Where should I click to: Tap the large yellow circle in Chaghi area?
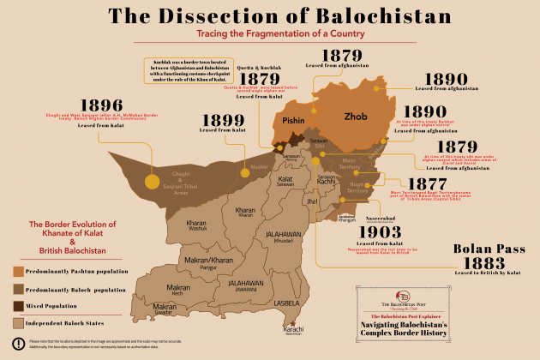(x=152, y=181)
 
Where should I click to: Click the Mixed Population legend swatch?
(x=18, y=306)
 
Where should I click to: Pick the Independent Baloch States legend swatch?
(x=18, y=323)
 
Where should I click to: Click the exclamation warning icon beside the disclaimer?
(x=18, y=344)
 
